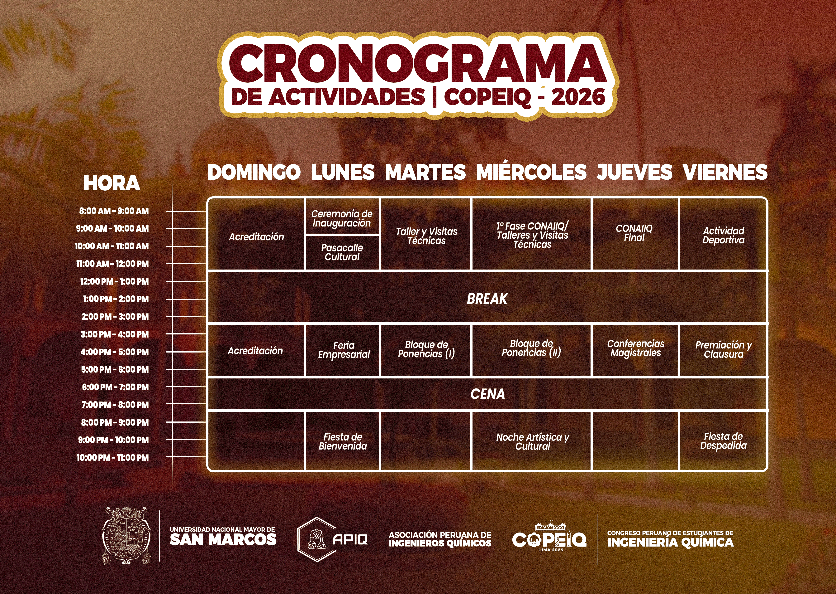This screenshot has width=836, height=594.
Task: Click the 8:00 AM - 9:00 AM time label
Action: pyautogui.click(x=114, y=211)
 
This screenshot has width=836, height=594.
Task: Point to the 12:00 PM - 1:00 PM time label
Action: pyautogui.click(x=114, y=282)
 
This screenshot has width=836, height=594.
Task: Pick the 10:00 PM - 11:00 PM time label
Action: pyautogui.click(x=112, y=458)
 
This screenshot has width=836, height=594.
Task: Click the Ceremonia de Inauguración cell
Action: pyautogui.click(x=342, y=218)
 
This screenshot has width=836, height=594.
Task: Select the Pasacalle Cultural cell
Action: pyautogui.click(x=342, y=252)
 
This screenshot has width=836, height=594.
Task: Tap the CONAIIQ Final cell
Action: pyautogui.click(x=634, y=233)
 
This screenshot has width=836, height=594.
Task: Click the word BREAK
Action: pyautogui.click(x=487, y=299)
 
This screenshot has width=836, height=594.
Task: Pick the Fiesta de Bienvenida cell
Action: pyautogui.click(x=343, y=441)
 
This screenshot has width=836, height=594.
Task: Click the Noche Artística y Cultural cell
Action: pyautogui.click(x=532, y=441)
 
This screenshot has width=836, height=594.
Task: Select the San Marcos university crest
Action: pyautogui.click(x=126, y=535)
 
